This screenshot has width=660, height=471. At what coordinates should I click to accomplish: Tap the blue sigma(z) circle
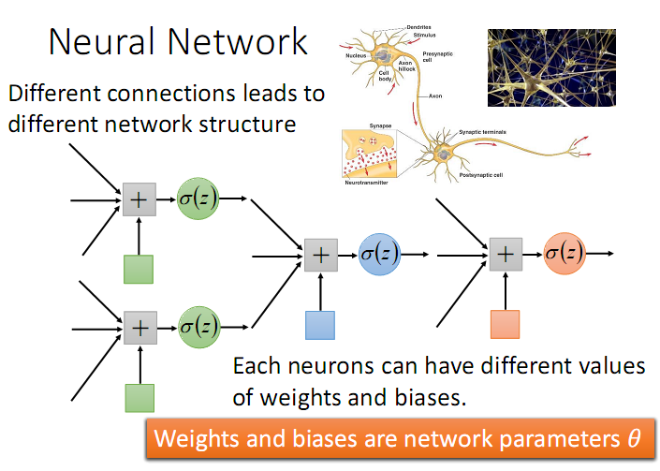point(380,253)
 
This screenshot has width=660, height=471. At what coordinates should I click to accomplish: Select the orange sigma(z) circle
point(565,253)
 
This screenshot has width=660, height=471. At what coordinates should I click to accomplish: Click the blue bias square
point(320,324)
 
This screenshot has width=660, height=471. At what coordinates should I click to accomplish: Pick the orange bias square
point(506,324)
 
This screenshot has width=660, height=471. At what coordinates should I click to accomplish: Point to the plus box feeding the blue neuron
point(320,253)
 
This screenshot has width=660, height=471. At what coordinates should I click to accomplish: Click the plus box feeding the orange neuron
point(506,253)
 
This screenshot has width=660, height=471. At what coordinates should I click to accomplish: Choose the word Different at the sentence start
point(57,94)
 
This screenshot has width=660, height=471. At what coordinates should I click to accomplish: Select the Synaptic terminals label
point(482,132)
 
